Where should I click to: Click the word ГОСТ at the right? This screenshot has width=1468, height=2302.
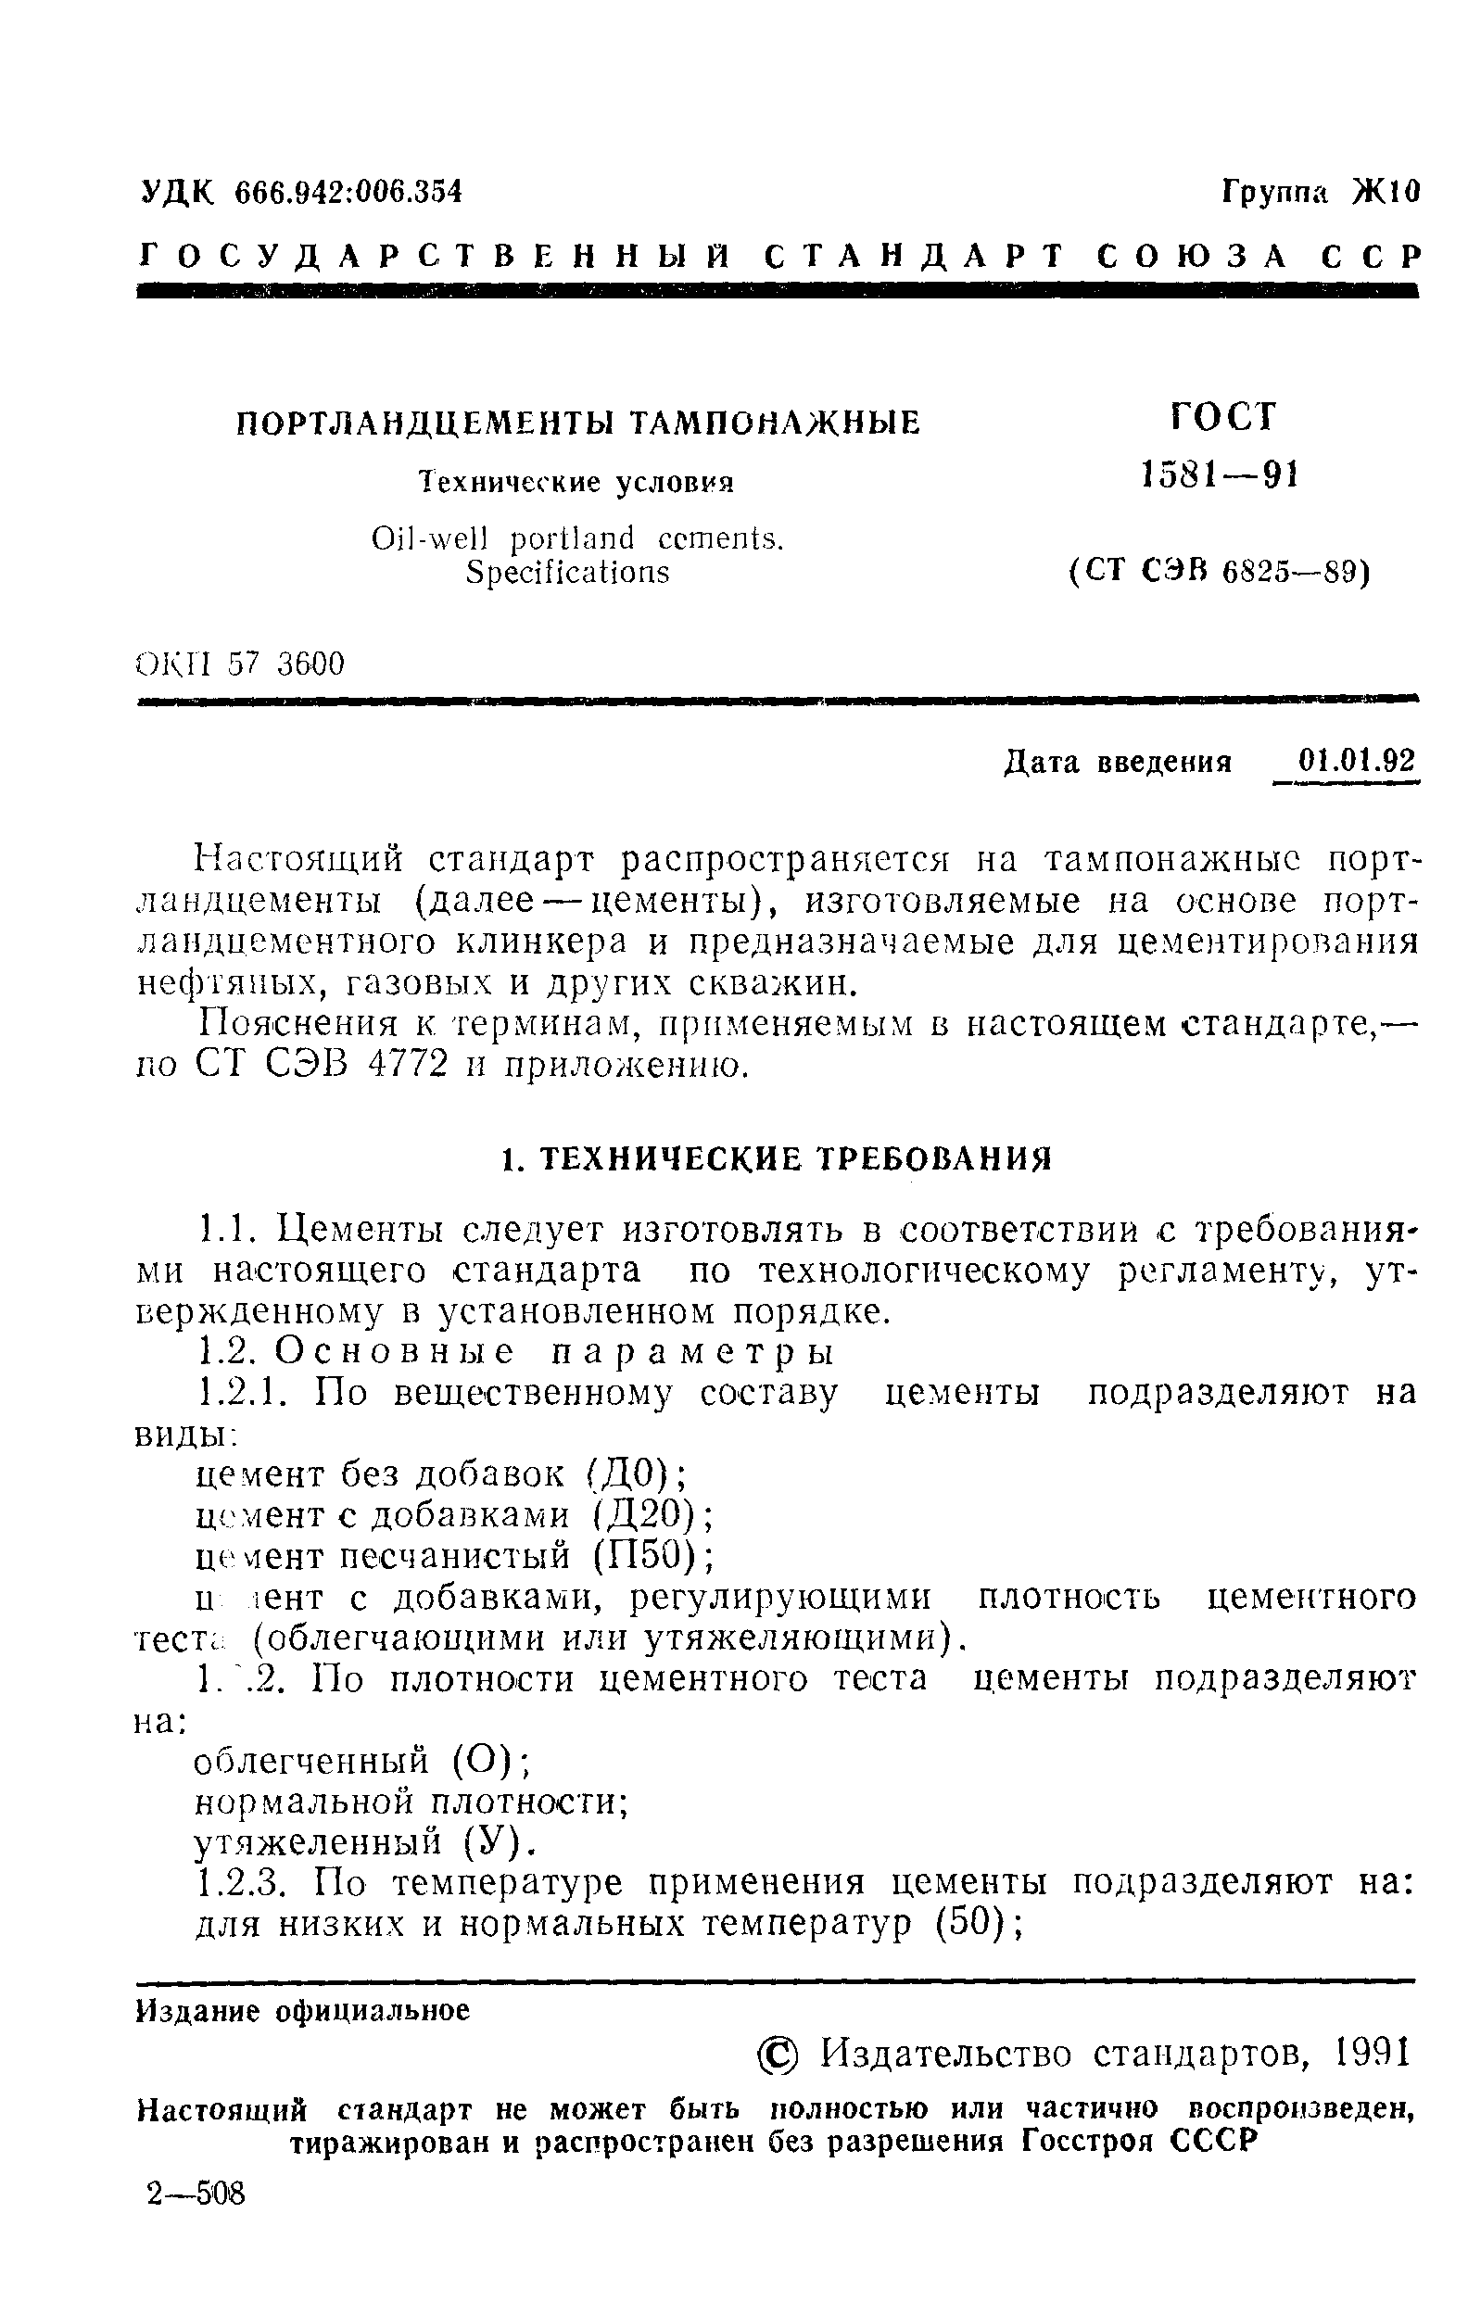click(1222, 417)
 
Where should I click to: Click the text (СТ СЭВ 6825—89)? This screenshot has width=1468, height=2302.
click(1220, 572)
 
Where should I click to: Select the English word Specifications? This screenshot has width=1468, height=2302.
click(567, 572)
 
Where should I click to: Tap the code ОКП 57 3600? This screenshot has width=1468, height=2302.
click(240, 663)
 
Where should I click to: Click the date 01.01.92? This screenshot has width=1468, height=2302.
click(1356, 761)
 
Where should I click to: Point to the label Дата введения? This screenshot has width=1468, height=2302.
click(1118, 763)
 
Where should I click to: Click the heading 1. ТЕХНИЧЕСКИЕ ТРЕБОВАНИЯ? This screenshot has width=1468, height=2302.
click(776, 1158)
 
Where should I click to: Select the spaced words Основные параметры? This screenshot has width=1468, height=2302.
click(554, 1353)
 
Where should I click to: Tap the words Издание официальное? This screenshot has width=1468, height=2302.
click(303, 2010)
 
